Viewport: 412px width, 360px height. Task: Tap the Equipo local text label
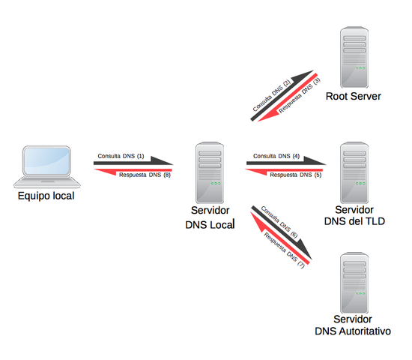pos(46,196)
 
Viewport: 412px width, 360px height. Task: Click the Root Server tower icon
pos(354,58)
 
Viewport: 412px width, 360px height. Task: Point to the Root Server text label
pos(354,97)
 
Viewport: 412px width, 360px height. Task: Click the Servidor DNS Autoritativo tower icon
pos(354,283)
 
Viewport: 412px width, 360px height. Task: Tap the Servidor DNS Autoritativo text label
pos(353,325)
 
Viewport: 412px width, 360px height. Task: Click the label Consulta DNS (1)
pos(121,155)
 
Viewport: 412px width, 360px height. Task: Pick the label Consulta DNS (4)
pos(277,156)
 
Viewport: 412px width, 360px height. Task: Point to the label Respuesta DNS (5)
pos(295,175)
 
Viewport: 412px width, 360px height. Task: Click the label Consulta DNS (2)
pos(271,95)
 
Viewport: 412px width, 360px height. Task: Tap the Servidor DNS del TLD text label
pos(354,214)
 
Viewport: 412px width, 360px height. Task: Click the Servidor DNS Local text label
pos(209,217)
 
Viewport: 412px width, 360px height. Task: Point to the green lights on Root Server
pos(360,68)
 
